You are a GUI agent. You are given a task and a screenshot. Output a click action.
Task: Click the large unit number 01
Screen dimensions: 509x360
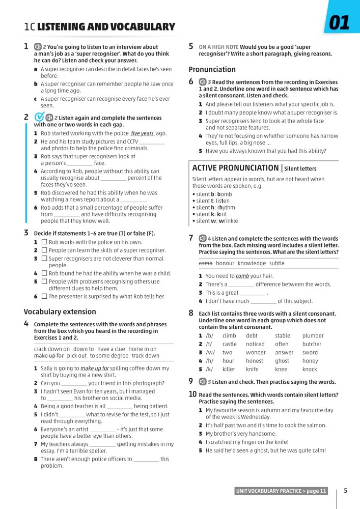(340, 23)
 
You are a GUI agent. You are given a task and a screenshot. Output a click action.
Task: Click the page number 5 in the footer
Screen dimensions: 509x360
(346, 491)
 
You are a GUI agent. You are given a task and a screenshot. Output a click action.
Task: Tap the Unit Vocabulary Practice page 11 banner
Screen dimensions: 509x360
(281, 491)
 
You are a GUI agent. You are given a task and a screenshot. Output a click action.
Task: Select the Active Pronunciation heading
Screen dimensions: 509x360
(235, 168)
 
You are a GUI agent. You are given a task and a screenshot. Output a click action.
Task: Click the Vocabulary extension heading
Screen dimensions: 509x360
(60, 312)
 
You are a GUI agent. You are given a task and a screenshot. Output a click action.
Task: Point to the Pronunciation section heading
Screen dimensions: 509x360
(212, 69)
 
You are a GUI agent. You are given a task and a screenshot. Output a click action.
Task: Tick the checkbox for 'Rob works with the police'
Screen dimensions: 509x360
(44, 242)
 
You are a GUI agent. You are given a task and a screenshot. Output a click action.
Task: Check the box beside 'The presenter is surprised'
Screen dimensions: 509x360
(44, 296)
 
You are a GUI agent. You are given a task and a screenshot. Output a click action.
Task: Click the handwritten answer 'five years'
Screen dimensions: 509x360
(142, 133)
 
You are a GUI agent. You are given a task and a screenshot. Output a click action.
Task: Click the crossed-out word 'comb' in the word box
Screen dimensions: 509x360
(205, 263)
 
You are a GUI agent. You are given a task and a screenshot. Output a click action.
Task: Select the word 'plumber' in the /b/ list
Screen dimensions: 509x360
(313, 335)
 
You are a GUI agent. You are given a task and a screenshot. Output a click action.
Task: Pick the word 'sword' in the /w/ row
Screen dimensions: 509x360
(310, 352)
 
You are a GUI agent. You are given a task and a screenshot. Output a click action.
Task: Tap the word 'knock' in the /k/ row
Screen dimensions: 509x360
(310, 369)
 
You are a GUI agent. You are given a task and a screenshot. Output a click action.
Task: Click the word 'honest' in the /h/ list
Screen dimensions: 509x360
(254, 361)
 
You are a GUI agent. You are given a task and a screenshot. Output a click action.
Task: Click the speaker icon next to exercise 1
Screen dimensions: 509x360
(38, 47)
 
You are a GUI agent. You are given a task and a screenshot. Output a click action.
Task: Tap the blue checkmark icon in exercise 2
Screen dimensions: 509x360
(39, 118)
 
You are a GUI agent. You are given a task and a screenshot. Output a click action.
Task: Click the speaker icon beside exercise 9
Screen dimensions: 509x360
(202, 381)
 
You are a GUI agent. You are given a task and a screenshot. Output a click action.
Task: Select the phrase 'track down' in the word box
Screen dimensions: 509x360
(146, 356)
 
